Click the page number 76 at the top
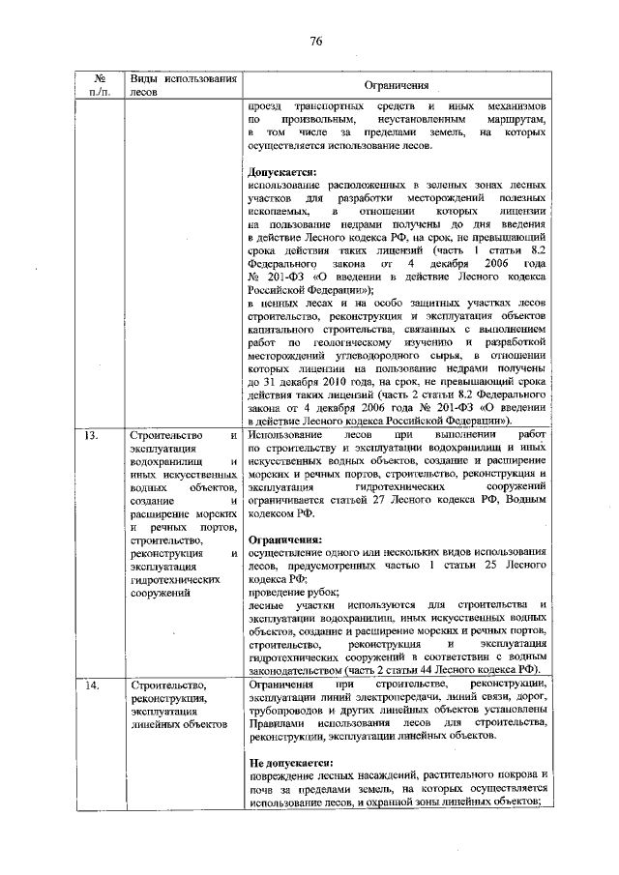[315, 40]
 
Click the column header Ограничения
[398, 86]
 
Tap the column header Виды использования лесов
[183, 85]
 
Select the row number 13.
[90, 435]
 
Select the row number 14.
[90, 685]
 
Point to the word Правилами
[276, 723]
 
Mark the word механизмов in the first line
[514, 104]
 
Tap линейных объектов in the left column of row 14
[178, 723]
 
